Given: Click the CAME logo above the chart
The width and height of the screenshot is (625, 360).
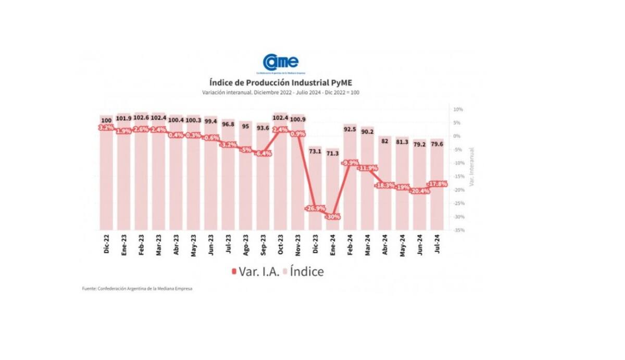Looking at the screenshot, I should coord(281,63).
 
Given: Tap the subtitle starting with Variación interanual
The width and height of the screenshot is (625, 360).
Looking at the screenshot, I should coord(281,92).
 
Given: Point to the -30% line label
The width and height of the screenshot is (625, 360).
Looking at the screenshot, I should coord(333,216).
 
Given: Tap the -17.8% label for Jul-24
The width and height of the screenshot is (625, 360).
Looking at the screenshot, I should coord(437,184).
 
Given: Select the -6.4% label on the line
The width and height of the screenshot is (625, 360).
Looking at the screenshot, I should coord(263,154).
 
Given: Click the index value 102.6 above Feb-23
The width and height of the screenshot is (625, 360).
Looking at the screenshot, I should coord(141,117).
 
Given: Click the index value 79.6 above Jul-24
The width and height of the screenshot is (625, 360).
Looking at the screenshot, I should coord(437,144).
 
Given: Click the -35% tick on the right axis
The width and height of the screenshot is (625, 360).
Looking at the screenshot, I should coord(458,230).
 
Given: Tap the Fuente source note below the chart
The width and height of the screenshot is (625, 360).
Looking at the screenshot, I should coord(137,289).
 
